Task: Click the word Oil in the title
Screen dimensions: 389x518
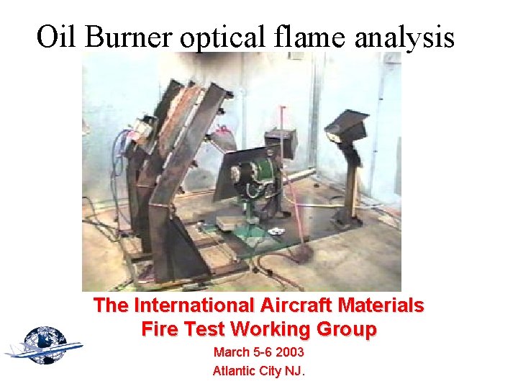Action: tap(55, 36)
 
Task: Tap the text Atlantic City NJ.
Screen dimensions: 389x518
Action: tap(258, 372)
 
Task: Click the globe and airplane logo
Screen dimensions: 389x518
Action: tap(44, 345)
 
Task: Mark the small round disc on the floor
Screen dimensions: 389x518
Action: tap(277, 231)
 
